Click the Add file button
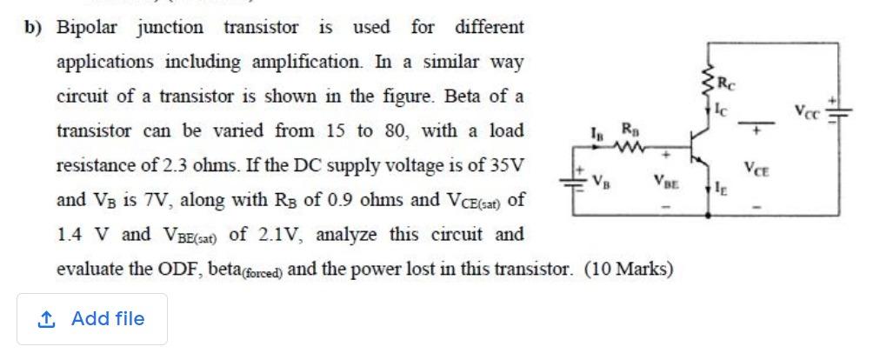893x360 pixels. [x=92, y=319]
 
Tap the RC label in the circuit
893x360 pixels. [x=734, y=84]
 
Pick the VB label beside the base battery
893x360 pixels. [x=600, y=182]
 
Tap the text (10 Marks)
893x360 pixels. [x=630, y=269]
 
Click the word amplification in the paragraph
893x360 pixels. [x=304, y=62]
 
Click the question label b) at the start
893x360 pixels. [x=33, y=27]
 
